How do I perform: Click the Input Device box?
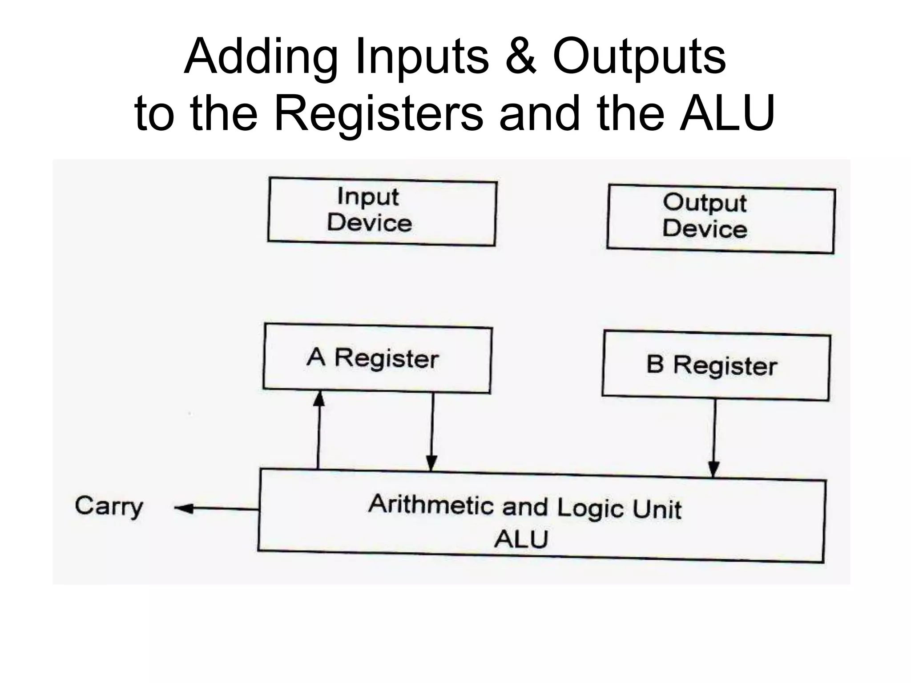pyautogui.click(x=382, y=212)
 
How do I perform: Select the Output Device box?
pyautogui.click(x=721, y=219)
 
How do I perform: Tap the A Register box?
pyautogui.click(x=377, y=358)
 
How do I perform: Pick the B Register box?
pyautogui.click(x=715, y=366)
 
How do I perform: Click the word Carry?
pyautogui.click(x=109, y=506)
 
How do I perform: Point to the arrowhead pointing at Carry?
pyautogui.click(x=183, y=508)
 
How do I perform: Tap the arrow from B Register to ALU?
pyautogui.click(x=714, y=438)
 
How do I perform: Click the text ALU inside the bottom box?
pyautogui.click(x=521, y=539)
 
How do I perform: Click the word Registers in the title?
pyautogui.click(x=379, y=114)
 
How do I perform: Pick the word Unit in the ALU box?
pyautogui.click(x=657, y=510)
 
